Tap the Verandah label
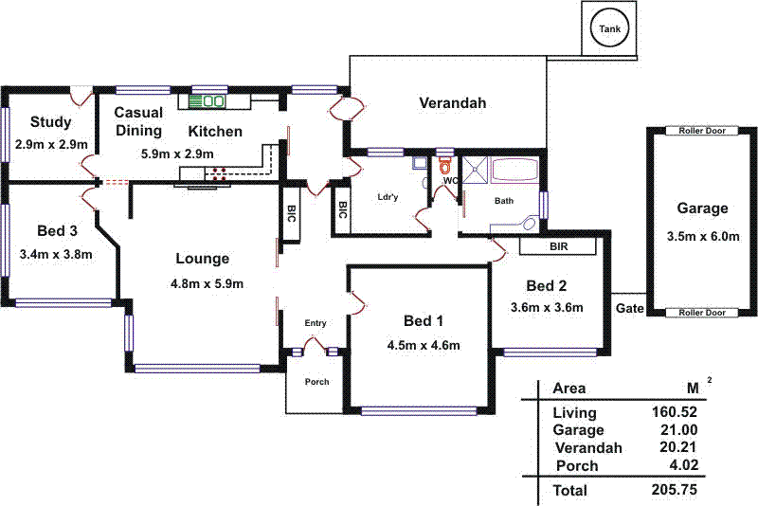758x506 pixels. click(452, 103)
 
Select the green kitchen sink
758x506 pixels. click(207, 99)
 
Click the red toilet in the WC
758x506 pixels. click(445, 163)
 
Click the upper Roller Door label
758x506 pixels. click(702, 131)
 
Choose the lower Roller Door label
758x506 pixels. click(702, 313)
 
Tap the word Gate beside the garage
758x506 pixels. click(629, 309)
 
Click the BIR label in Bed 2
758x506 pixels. click(559, 246)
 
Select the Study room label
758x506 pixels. click(50, 121)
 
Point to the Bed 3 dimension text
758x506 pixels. click(55, 254)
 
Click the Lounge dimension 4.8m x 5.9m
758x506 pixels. click(207, 283)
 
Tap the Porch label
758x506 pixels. click(316, 383)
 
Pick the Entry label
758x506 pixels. click(316, 323)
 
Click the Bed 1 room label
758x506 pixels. click(423, 319)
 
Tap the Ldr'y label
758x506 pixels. click(387, 196)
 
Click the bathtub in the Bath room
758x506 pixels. click(514, 172)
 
